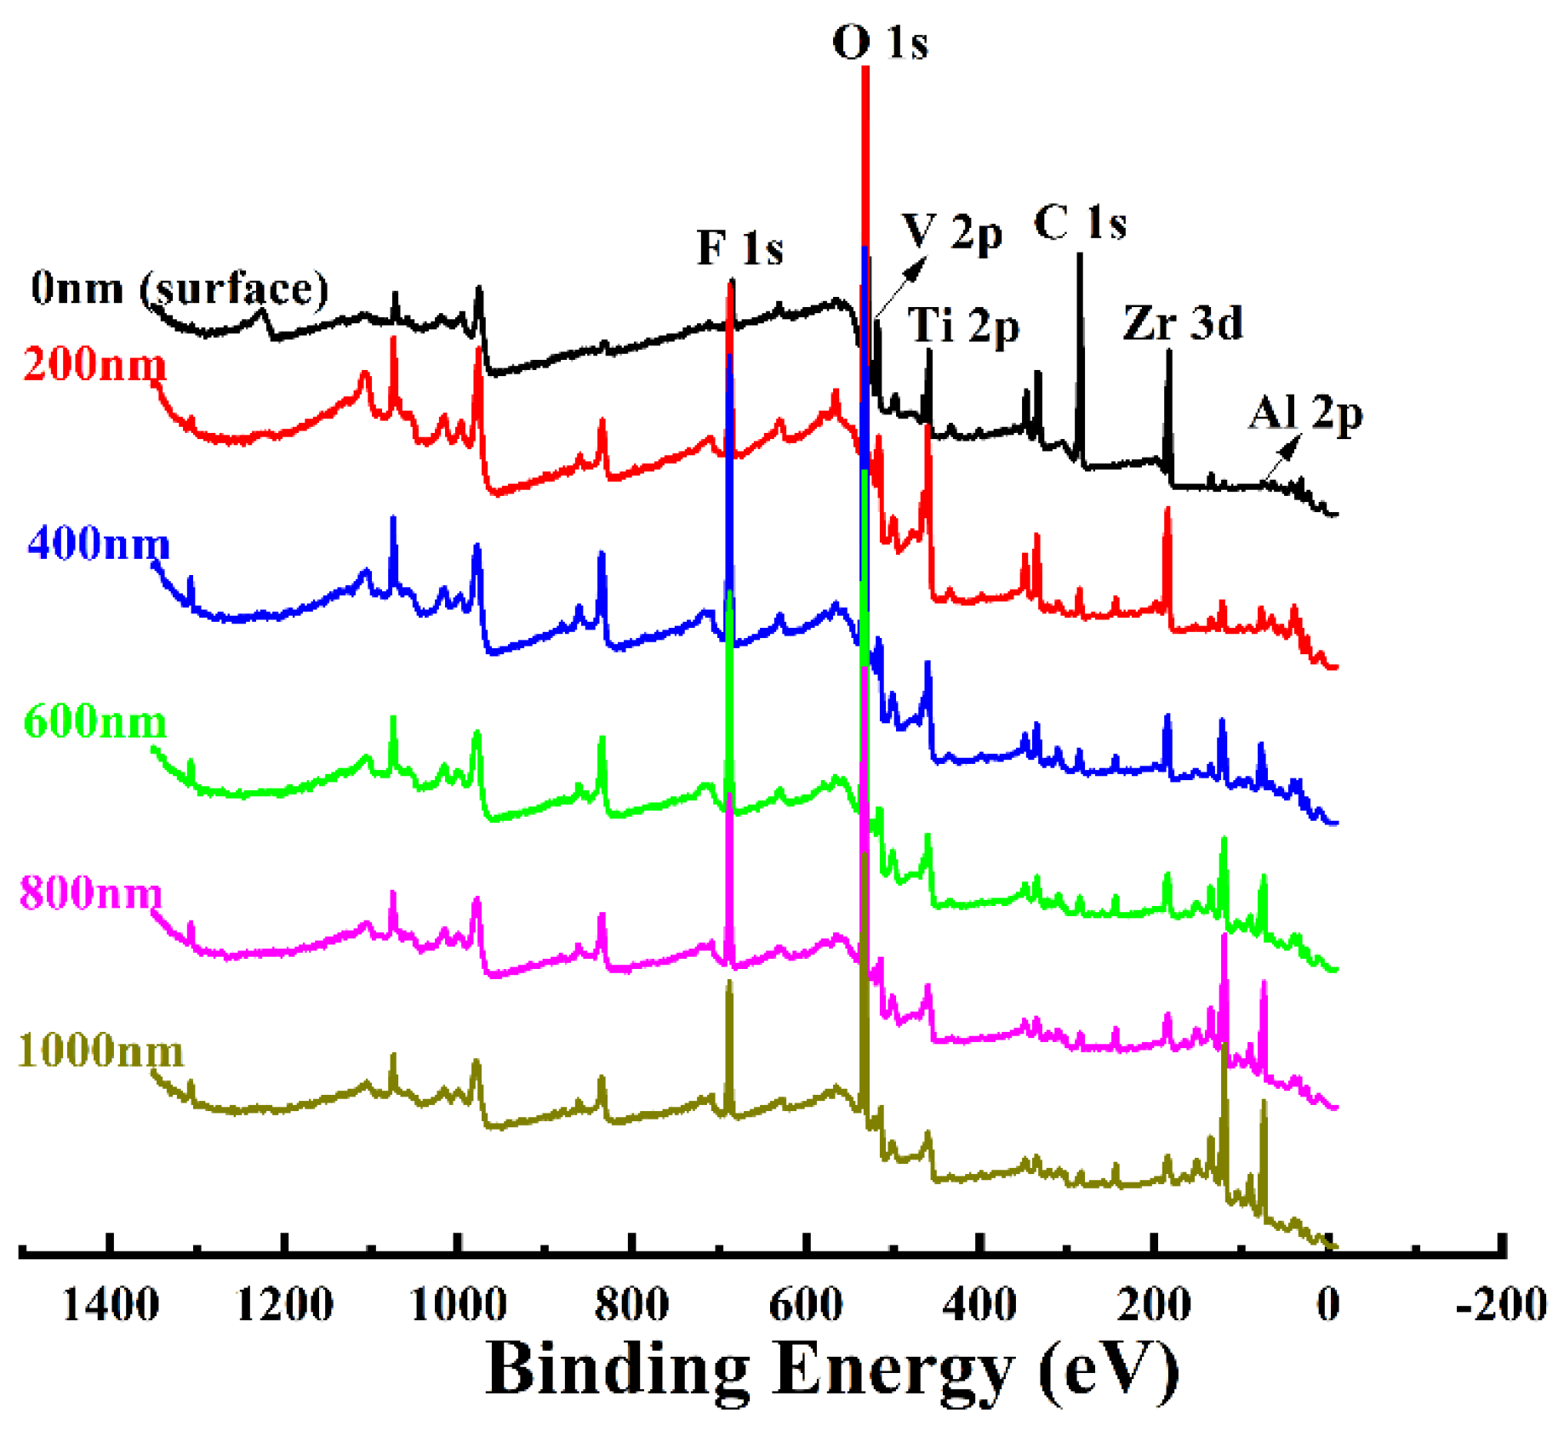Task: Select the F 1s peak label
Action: tap(739, 248)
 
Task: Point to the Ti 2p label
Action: tap(962, 325)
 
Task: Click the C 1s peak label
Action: tap(1080, 224)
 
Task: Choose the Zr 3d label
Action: tap(1183, 323)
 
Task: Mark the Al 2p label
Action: tap(1305, 414)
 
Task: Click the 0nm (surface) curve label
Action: tap(180, 288)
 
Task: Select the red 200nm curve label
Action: tap(94, 365)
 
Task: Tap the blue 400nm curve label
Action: tap(99, 543)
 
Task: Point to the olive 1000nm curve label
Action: tap(100, 1051)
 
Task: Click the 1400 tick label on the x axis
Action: tap(111, 1304)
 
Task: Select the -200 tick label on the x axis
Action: tap(1500, 1304)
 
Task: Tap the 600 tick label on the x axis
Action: tap(806, 1304)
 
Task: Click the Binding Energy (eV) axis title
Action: tap(832, 1369)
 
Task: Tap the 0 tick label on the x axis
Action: tap(1328, 1304)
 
